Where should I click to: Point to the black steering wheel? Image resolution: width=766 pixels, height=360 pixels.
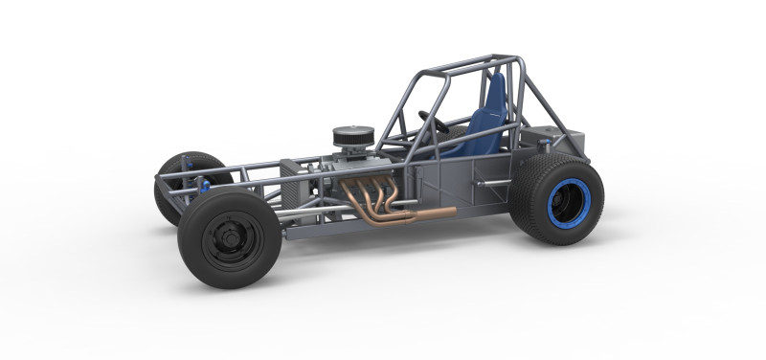click(433, 122)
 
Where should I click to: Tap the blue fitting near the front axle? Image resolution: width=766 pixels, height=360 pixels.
click(204, 184)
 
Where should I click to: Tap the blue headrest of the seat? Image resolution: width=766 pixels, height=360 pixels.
click(496, 91)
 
